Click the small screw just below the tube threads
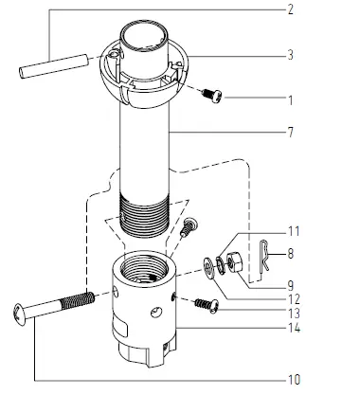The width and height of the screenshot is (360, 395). coord(188,226)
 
